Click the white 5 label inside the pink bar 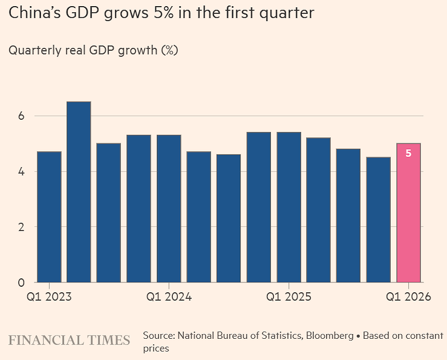click(408, 153)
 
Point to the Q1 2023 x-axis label click(49, 297)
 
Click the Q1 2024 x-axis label click(169, 297)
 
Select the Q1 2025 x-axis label click(289, 297)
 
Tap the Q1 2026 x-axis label click(408, 297)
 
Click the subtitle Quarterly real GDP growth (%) click(93, 50)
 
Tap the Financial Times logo click(69, 340)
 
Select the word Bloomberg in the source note click(326, 336)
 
